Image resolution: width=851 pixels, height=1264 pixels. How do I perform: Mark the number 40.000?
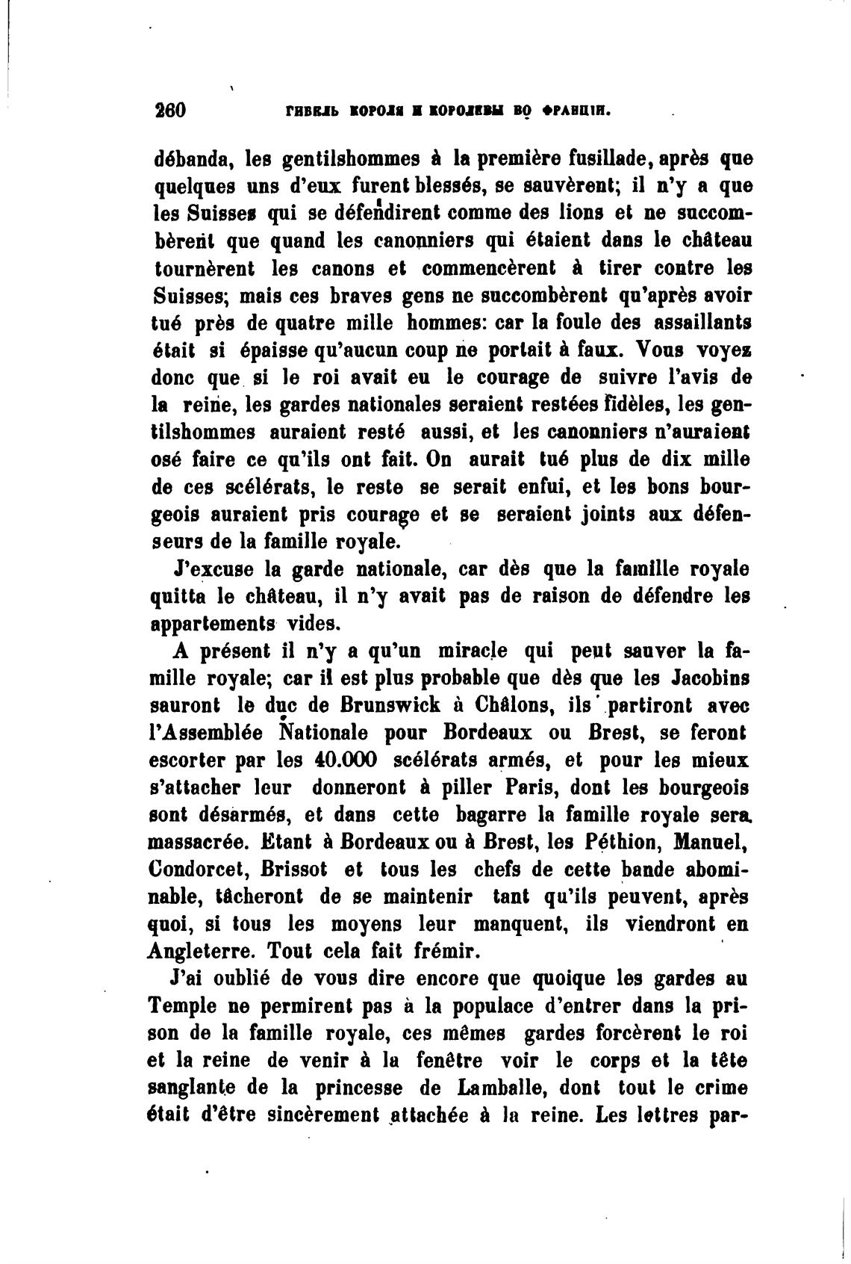pos(339,760)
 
